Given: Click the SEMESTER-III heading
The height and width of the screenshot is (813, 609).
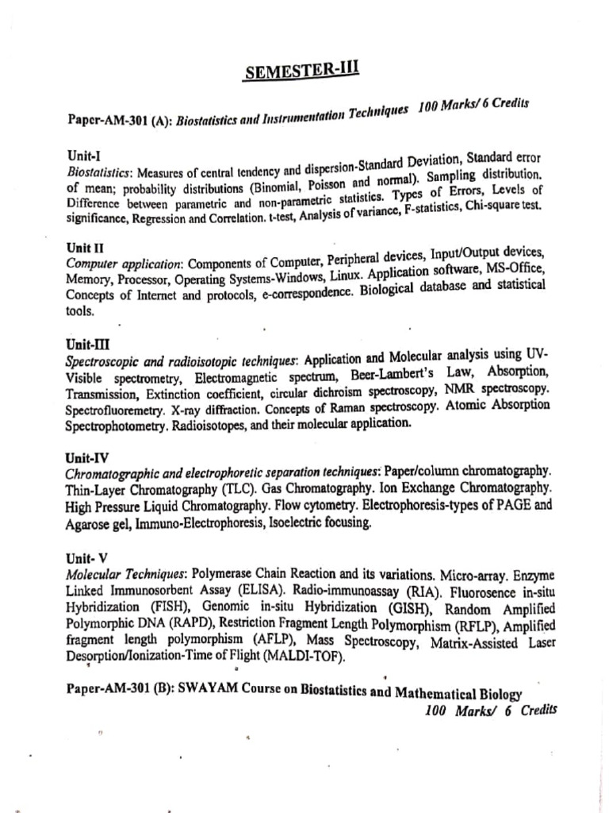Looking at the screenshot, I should pyautogui.click(x=302, y=72).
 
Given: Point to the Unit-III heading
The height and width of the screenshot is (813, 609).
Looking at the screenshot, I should pyautogui.click(x=87, y=344).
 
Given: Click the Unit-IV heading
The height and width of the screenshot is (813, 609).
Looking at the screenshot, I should pyautogui.click(x=87, y=458).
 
